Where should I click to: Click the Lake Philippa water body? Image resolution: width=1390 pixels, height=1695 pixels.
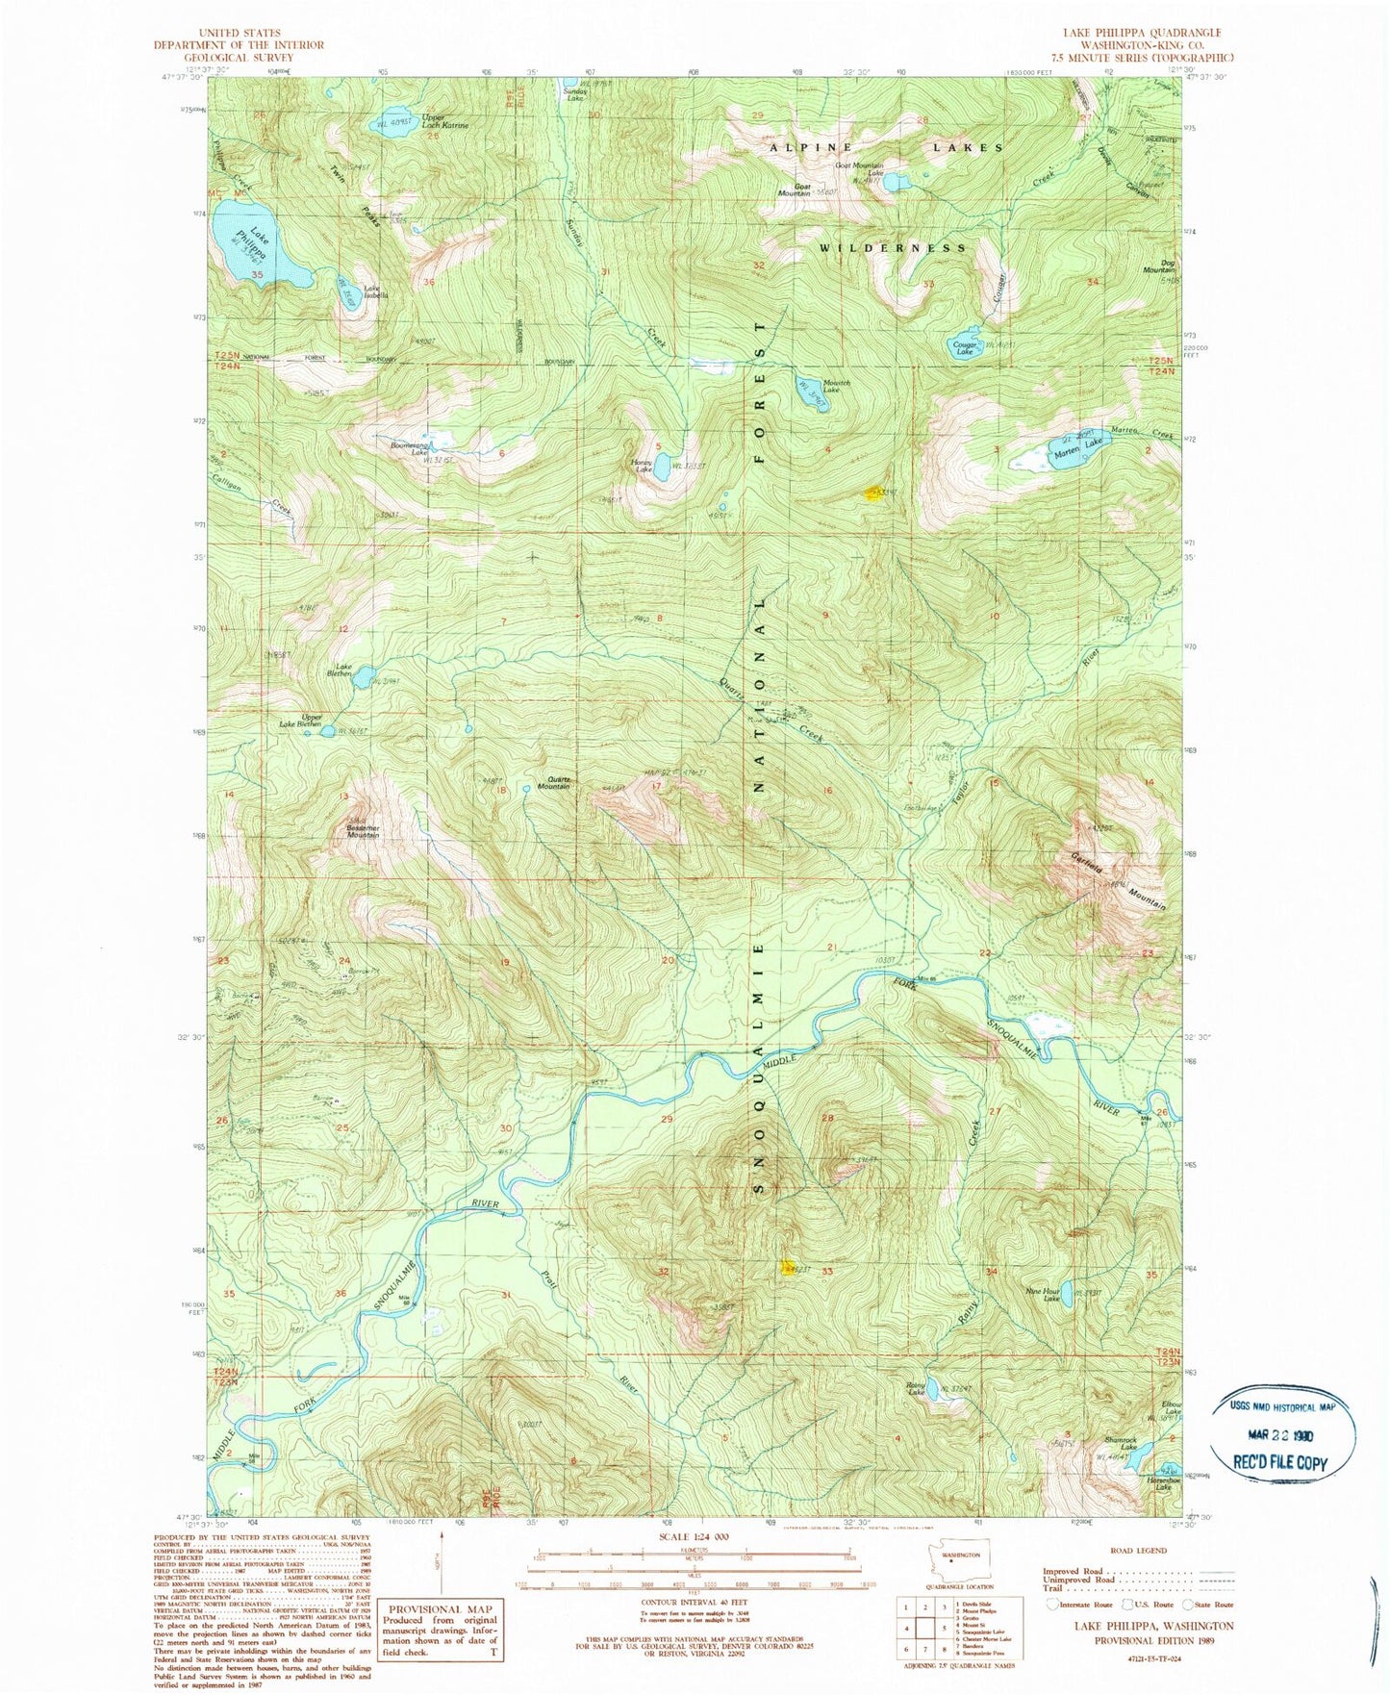tap(260, 253)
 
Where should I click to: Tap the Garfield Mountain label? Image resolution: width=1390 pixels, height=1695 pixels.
tap(1119, 881)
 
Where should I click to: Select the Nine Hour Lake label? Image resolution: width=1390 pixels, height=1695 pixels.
tap(1044, 1295)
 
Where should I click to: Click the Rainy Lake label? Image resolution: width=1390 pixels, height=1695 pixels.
tap(915, 1388)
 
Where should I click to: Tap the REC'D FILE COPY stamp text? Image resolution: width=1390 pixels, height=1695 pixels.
tap(1285, 1462)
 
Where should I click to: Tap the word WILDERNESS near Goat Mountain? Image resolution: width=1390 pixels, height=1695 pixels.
tap(893, 248)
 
